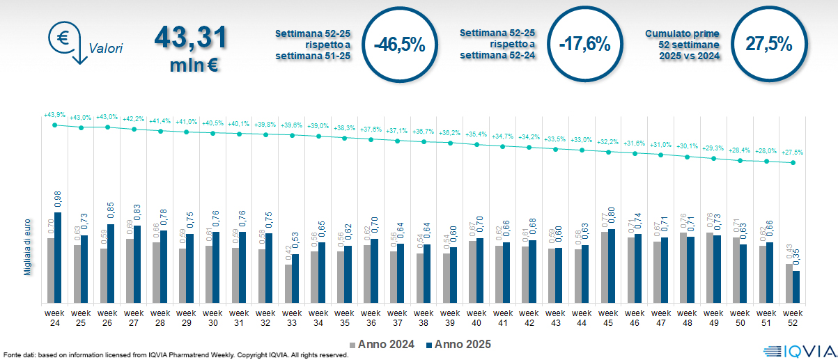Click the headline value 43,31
click(x=190, y=38)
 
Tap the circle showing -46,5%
click(x=399, y=45)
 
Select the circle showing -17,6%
click(x=584, y=45)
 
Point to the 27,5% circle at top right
click(x=769, y=45)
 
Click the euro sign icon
click(x=63, y=38)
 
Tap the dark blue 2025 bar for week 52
click(x=796, y=286)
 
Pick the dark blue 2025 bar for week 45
click(x=611, y=265)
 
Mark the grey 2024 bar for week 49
click(x=710, y=267)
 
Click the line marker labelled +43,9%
click(x=55, y=125)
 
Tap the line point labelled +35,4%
click(x=476, y=144)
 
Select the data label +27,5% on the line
click(x=791, y=152)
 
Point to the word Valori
click(x=106, y=49)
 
